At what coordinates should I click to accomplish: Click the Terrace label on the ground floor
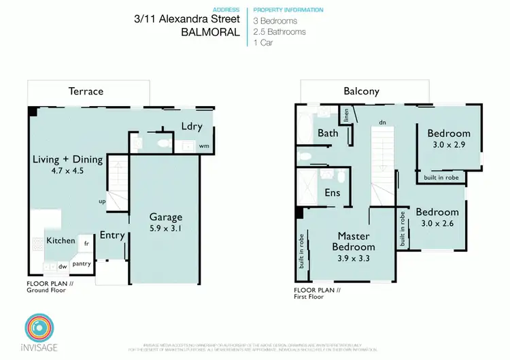tap(86, 91)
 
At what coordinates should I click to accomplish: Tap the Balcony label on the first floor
tap(361, 91)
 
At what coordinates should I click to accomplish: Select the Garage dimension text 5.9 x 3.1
tap(166, 229)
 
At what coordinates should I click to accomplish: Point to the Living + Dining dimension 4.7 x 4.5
tap(68, 171)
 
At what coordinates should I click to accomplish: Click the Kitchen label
tap(61, 240)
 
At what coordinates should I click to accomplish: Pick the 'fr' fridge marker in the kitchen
tap(87, 242)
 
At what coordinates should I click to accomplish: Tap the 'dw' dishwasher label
tap(63, 267)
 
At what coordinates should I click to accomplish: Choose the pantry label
tap(82, 263)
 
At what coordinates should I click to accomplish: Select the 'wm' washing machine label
tap(204, 146)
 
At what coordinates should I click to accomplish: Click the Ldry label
tap(191, 125)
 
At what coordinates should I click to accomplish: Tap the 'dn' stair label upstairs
tap(383, 122)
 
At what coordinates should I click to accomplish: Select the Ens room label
tap(333, 193)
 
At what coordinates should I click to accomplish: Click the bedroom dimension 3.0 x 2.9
tap(448, 145)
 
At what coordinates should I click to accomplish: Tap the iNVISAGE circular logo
tap(38, 327)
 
